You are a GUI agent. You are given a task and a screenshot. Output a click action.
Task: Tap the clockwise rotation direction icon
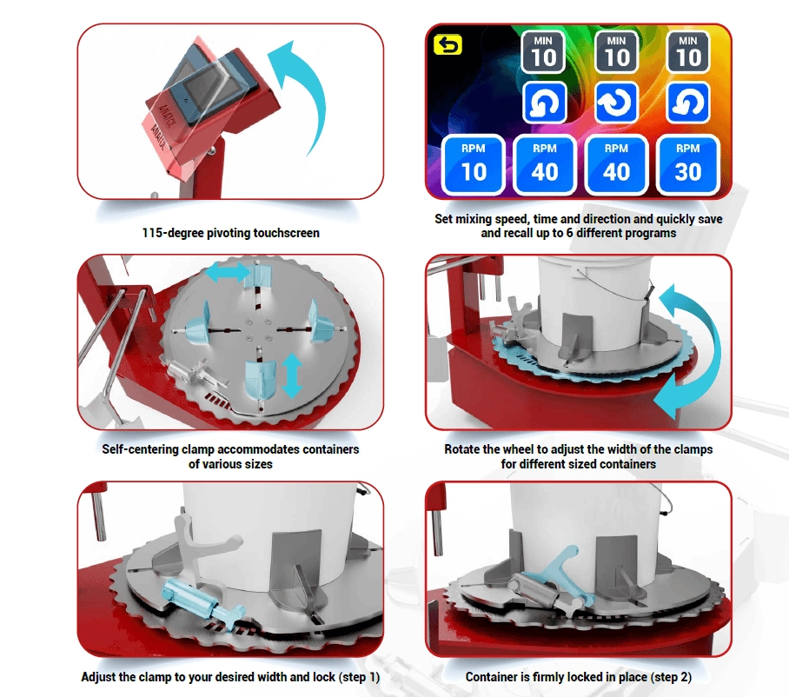pos(616,103)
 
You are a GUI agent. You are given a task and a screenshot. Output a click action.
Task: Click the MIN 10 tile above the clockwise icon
pos(616,52)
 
